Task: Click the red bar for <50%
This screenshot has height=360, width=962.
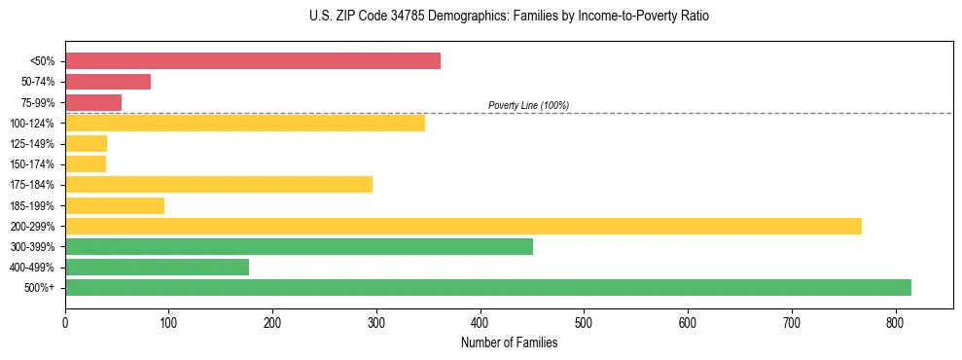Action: [x=253, y=61]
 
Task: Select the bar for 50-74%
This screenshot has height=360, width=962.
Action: [x=108, y=82]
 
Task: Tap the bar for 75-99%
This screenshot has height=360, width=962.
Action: [x=93, y=102]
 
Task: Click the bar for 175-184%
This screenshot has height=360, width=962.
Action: [x=219, y=185]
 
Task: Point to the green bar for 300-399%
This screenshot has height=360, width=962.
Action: [x=299, y=247]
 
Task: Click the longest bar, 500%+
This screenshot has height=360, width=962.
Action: [x=488, y=288]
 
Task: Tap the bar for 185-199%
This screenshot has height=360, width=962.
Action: [x=115, y=205]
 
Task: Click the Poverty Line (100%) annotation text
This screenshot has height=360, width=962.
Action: [x=528, y=106]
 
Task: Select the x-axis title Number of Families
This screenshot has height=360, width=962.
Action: [x=509, y=342]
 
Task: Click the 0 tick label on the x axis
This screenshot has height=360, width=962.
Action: [x=65, y=322]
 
